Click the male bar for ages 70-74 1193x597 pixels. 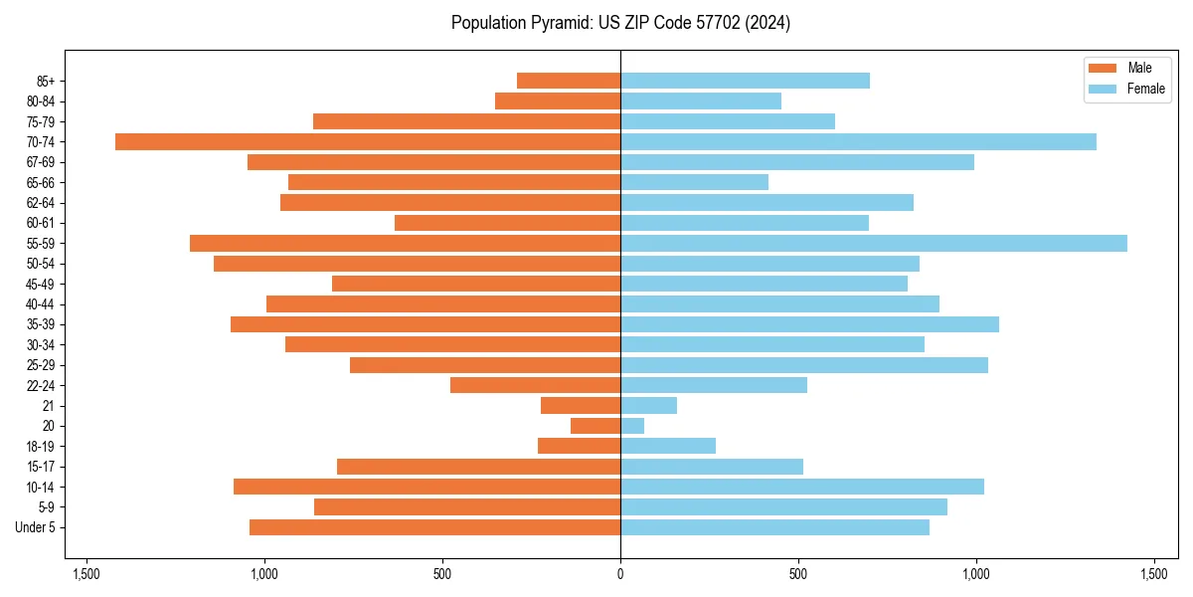pos(368,142)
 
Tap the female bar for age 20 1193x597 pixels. pos(632,426)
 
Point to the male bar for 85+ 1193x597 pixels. pos(569,81)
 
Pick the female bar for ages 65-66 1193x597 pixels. pos(694,182)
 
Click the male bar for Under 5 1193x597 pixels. pos(434,527)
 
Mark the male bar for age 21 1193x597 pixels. pos(581,406)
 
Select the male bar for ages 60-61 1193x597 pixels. pos(507,223)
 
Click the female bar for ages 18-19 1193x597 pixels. pos(668,446)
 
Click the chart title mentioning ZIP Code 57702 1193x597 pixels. pos(620,23)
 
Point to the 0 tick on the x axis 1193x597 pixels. pos(620,574)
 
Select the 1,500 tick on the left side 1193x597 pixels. pos(86,574)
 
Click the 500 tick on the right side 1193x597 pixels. pos(798,574)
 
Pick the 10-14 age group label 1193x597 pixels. pos(41,487)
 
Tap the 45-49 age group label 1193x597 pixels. pos(41,285)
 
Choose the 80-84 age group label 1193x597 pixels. pos(41,101)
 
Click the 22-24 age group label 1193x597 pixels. pos(41,386)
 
